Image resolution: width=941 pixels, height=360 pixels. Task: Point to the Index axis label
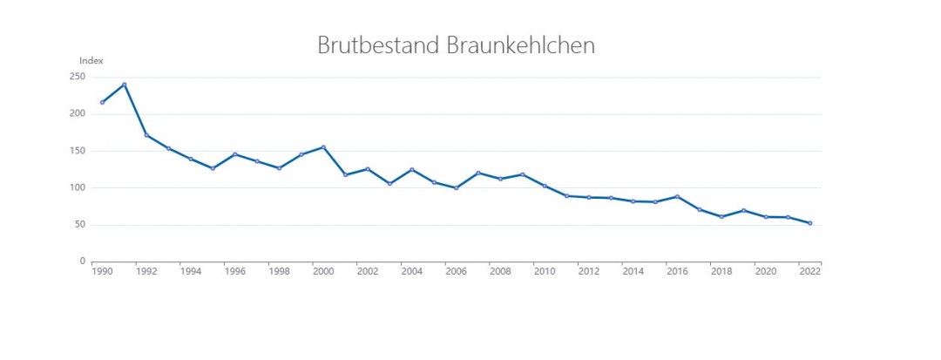point(91,61)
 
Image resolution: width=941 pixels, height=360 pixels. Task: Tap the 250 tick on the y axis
point(78,77)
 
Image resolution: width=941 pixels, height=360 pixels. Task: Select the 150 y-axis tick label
point(78,151)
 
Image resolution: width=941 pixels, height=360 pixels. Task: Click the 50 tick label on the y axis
point(80,225)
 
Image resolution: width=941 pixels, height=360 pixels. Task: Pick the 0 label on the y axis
point(83,262)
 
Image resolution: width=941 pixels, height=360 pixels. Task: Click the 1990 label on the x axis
point(102,272)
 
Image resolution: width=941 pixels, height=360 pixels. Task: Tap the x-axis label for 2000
point(323,272)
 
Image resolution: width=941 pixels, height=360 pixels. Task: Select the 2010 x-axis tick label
point(545,272)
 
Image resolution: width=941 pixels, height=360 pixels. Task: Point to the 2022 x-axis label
point(810,272)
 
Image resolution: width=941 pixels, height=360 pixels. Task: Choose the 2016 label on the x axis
point(677,272)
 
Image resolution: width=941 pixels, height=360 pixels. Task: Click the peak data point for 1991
point(125,85)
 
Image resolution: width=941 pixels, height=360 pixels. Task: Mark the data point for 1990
point(102,102)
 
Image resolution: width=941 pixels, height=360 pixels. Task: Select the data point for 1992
point(146,135)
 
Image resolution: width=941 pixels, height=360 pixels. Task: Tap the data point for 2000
point(323,147)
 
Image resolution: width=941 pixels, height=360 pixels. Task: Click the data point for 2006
point(456,187)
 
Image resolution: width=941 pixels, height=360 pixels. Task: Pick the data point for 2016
point(677,196)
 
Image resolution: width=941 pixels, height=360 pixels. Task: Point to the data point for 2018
point(721,216)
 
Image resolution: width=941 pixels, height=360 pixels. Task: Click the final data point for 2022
point(810,223)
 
